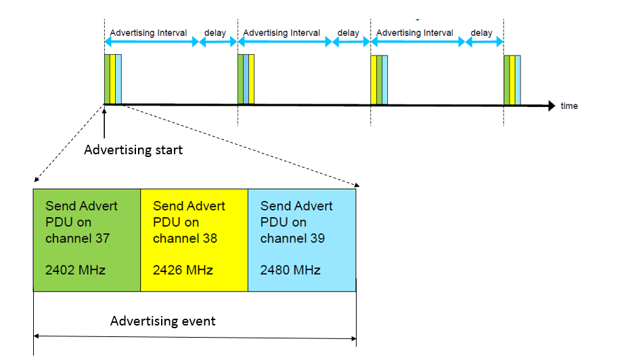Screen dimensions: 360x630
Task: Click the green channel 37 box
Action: pos(87,240)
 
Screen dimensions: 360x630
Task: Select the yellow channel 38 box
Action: pos(194,240)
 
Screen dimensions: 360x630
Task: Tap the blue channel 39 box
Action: pos(302,240)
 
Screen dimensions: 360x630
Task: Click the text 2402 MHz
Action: pos(75,271)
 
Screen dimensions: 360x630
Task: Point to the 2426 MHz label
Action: pos(183,271)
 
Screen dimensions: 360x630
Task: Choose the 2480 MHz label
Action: pos(290,271)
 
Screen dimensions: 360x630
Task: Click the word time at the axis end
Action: pos(569,106)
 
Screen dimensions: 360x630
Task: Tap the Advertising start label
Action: pos(133,150)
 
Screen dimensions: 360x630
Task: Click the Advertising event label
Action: pos(163,321)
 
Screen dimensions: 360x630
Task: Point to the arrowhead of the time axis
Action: pos(550,106)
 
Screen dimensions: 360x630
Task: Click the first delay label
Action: pos(215,32)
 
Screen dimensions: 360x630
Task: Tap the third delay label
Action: pos(482,32)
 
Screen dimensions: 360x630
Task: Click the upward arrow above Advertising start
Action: pos(105,122)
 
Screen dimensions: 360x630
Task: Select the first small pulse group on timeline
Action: pos(113,80)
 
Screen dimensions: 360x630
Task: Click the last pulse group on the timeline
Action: pos(513,80)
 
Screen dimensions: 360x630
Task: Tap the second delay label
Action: pos(348,32)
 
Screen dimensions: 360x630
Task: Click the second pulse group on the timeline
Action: pos(246,80)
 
